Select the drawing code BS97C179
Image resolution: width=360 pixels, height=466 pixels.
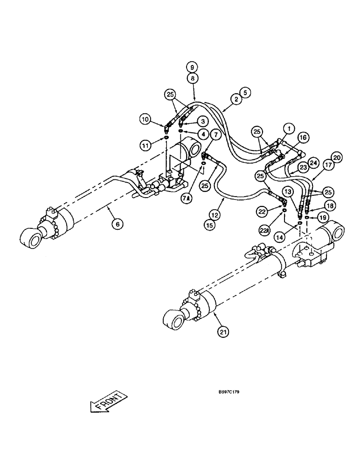[x=225, y=391]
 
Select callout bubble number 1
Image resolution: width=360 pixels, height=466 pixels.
[x=289, y=127]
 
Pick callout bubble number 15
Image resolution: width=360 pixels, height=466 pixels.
[x=215, y=225]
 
